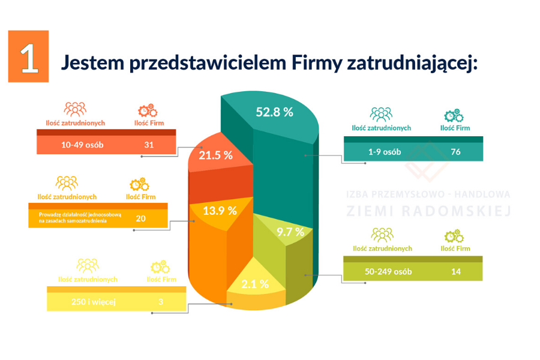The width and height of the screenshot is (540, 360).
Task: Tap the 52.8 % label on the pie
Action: click(274, 112)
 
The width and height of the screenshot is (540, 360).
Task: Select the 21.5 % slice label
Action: click(215, 155)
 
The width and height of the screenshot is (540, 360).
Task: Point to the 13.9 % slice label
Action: click(220, 211)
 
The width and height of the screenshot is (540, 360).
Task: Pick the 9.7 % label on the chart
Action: click(290, 232)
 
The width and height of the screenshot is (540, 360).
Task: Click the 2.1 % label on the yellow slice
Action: click(255, 284)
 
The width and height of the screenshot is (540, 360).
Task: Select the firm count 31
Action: click(149, 145)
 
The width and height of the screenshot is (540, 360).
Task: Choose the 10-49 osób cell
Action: click(82, 145)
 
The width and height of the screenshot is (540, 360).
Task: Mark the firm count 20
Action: click(140, 218)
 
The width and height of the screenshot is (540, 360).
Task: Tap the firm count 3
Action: click(161, 302)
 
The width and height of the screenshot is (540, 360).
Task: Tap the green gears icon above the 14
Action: click(454, 235)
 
